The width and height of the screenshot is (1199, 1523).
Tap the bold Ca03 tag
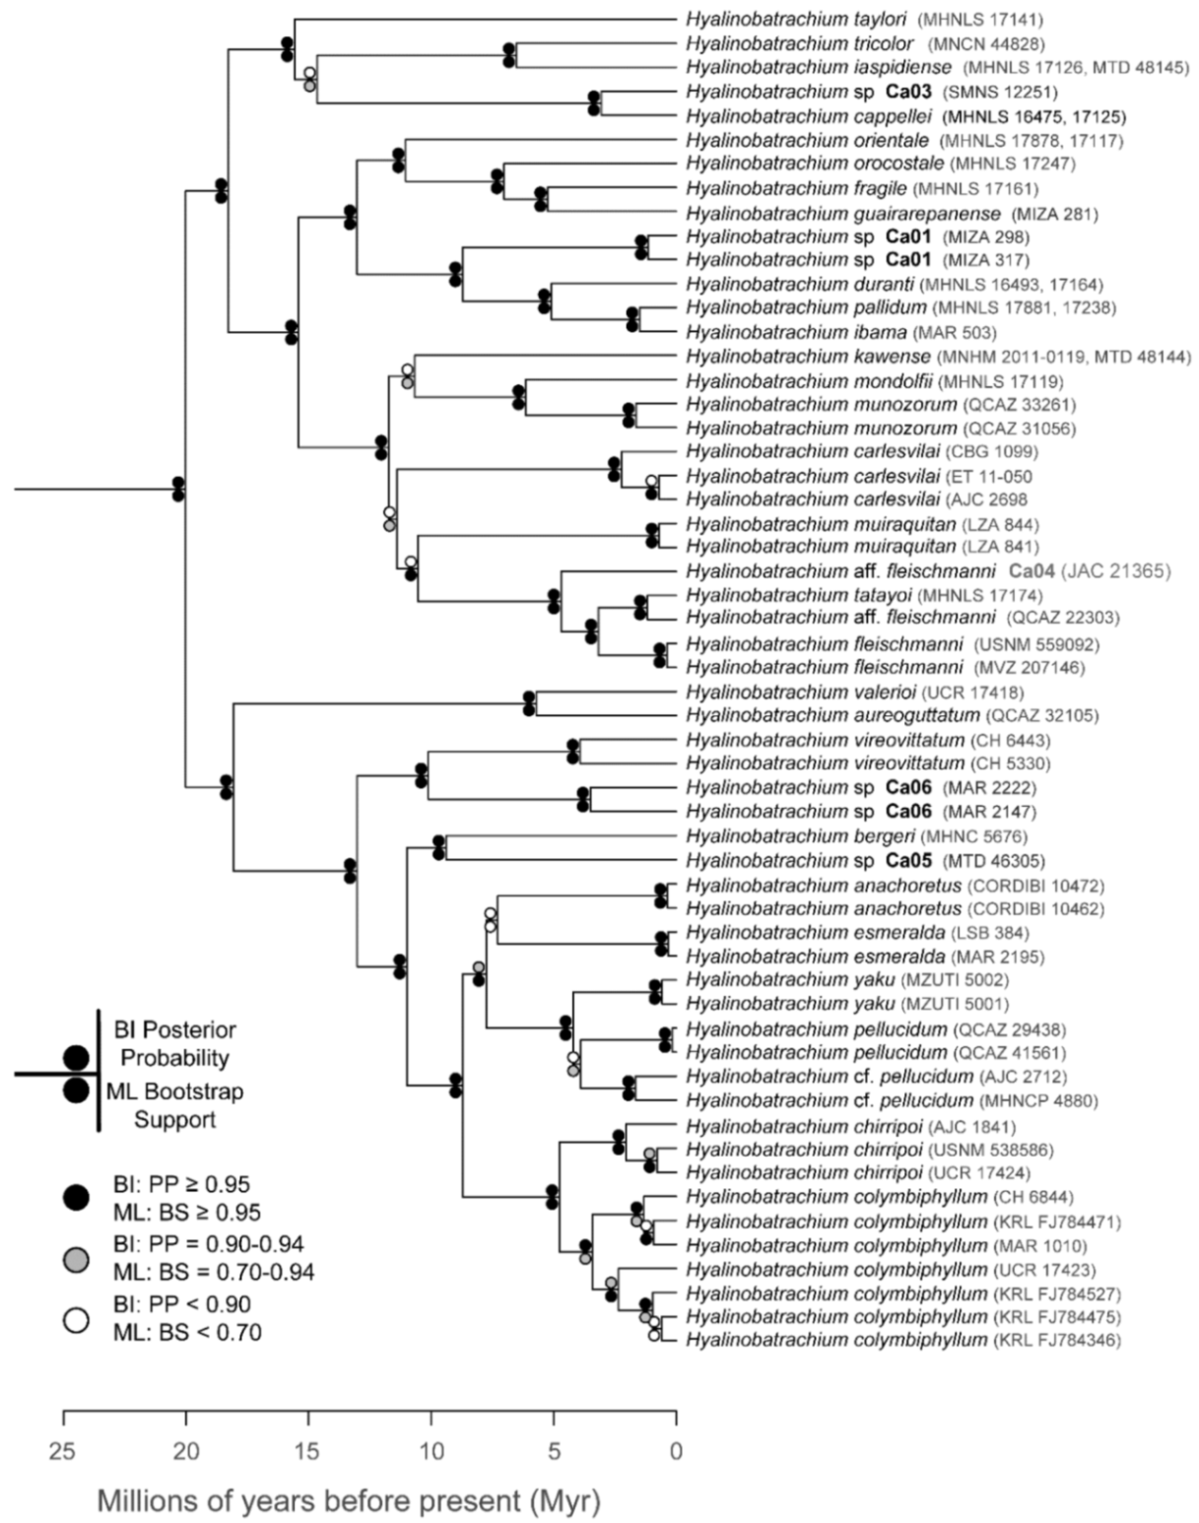tap(908, 93)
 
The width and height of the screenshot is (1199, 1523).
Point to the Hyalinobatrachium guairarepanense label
tap(843, 214)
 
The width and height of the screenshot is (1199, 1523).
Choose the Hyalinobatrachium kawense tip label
tap(808, 357)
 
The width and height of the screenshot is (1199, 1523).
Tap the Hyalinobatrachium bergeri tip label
tap(799, 836)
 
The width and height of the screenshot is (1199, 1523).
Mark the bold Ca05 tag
tap(908, 860)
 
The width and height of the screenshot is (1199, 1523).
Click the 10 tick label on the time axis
tap(431, 1449)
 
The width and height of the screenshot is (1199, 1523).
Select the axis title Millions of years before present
tap(348, 1501)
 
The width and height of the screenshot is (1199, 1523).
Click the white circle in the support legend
tap(77, 1319)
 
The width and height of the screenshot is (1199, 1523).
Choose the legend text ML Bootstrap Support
tap(175, 1105)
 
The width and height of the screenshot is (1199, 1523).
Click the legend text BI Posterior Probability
tap(175, 1044)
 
